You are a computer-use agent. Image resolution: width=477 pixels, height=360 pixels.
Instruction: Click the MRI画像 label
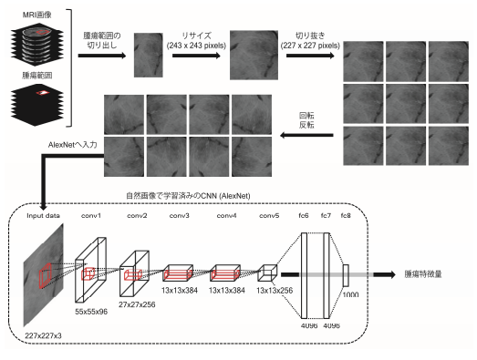point(37,15)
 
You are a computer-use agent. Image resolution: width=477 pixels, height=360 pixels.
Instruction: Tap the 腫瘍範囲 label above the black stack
point(37,75)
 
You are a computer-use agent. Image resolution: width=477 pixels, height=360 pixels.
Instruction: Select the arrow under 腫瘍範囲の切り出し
point(102,56)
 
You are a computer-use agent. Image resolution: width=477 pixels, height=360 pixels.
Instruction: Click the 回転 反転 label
point(306,120)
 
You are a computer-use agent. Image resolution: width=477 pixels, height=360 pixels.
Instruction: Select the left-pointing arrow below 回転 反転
point(306,135)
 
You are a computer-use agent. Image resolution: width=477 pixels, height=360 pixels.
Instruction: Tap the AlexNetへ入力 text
point(72,145)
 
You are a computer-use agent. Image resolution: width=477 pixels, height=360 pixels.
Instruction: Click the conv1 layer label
point(91,216)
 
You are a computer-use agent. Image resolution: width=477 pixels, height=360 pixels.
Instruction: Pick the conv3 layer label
point(179,216)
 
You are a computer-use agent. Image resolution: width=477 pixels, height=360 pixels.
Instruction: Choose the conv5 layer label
point(269,216)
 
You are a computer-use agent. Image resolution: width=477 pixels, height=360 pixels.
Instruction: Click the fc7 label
point(326,216)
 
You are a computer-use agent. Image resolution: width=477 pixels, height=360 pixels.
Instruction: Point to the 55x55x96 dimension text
point(91,312)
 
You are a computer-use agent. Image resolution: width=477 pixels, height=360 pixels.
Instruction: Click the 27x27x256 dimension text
point(137,304)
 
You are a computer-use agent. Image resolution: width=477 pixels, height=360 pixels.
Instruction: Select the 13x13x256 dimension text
point(275,291)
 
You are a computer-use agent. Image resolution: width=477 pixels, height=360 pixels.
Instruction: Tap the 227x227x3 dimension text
point(43,335)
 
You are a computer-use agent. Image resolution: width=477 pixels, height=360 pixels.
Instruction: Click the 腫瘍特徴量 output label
point(423,274)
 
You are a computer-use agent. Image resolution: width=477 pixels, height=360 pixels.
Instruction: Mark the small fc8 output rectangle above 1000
point(346,275)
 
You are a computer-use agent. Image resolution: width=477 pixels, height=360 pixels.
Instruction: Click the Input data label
point(43,216)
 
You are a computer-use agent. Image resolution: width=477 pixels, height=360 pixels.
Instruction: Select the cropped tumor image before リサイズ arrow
point(149,55)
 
